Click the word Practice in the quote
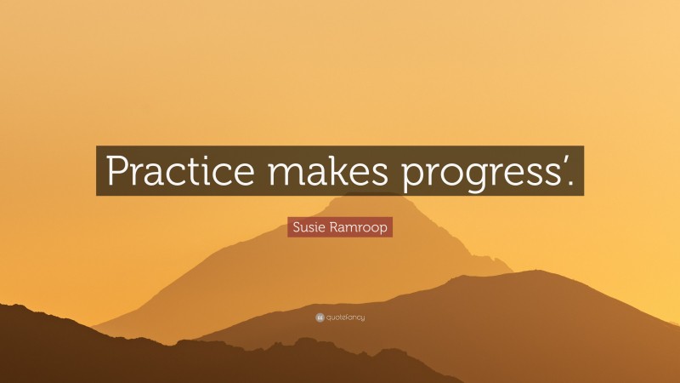(x=180, y=169)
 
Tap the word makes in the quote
(x=328, y=169)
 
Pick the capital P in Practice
(x=117, y=170)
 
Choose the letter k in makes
(x=336, y=169)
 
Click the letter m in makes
(x=286, y=174)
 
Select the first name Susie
(x=309, y=227)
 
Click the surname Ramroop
(x=359, y=227)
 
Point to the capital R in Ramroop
(x=334, y=227)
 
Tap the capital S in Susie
(x=297, y=227)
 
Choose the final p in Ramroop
(x=383, y=229)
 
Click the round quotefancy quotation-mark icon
(x=320, y=317)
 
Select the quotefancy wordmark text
(x=346, y=317)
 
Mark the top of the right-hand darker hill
(x=538, y=271)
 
